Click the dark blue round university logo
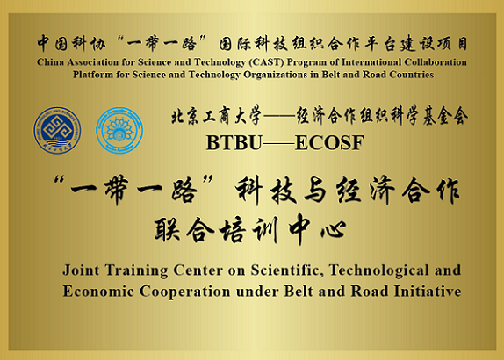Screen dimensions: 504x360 [57, 130]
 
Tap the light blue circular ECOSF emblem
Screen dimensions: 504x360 [119, 130]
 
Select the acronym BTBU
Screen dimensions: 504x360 [234, 143]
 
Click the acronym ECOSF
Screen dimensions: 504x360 [329, 143]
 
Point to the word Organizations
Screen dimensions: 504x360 [278, 75]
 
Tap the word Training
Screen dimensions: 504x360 [136, 270]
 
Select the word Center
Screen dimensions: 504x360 [198, 270]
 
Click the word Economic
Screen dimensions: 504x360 [98, 292]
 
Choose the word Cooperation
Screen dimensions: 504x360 [184, 292]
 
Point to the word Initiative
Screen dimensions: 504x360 [428, 292]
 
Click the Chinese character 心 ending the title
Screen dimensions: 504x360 [334, 229]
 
